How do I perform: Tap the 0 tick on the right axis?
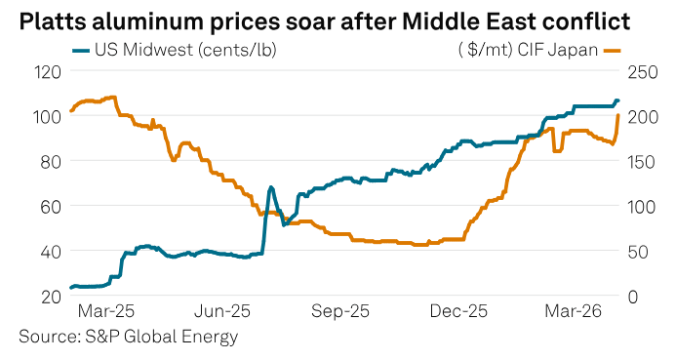(634, 296)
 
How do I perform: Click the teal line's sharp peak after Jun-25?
(270, 186)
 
